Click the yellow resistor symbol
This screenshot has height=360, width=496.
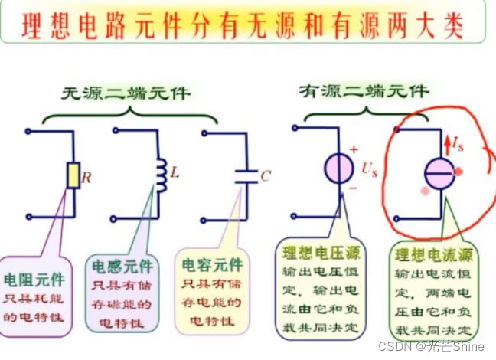[x=74, y=175]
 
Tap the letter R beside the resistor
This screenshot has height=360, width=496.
[x=86, y=178]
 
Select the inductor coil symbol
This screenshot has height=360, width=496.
[x=162, y=174]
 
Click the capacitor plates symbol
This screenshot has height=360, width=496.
[x=246, y=175]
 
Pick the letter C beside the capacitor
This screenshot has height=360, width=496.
[x=265, y=176]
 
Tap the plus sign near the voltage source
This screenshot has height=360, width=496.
[x=354, y=150]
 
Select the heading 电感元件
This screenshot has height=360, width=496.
[x=122, y=267]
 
